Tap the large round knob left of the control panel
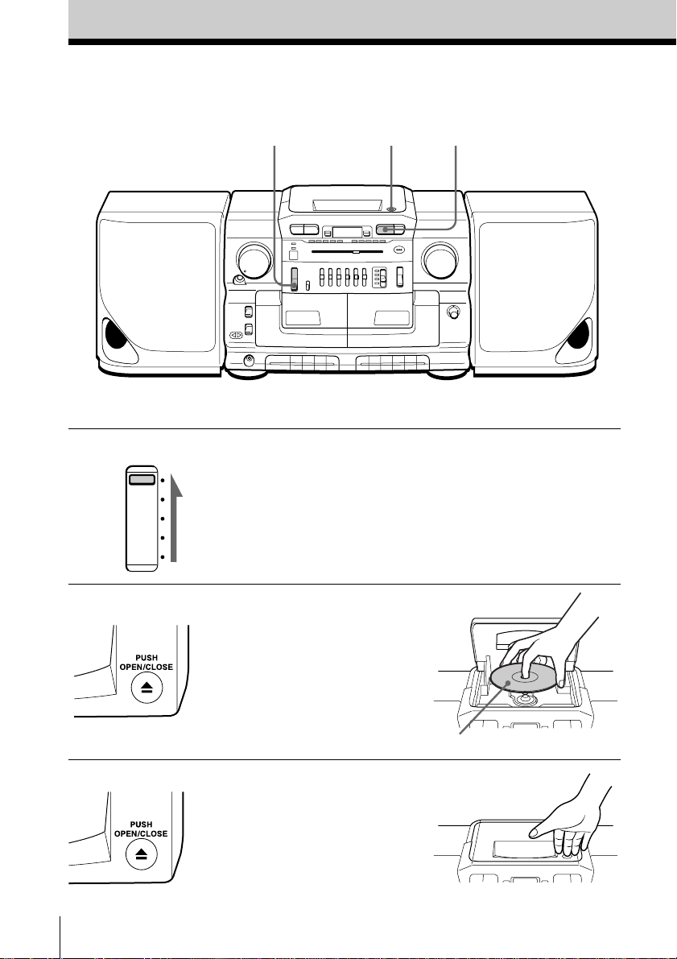tap(255, 263)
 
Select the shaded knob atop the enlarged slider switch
tap(140, 479)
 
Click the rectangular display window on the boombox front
tap(347, 232)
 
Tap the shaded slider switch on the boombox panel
tap(294, 279)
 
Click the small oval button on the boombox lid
tap(390, 209)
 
